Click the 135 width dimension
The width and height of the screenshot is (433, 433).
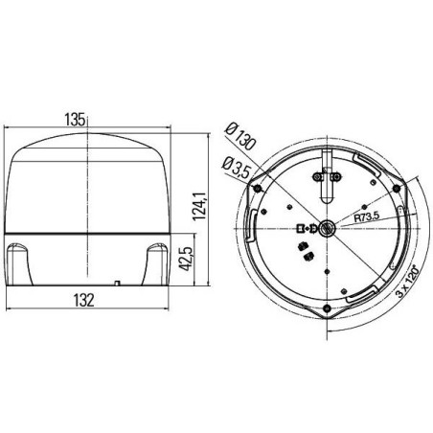tap(75, 120)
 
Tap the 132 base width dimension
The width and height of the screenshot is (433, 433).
tap(83, 300)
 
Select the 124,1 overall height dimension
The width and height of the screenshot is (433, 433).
tap(199, 206)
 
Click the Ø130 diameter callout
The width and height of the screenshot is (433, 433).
tap(240, 138)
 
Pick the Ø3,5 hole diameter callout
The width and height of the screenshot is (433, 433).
tap(236, 168)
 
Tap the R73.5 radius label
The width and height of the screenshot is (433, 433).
tap(367, 217)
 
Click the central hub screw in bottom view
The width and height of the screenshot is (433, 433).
tap(328, 228)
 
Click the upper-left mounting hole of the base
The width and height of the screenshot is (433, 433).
tap(258, 189)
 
